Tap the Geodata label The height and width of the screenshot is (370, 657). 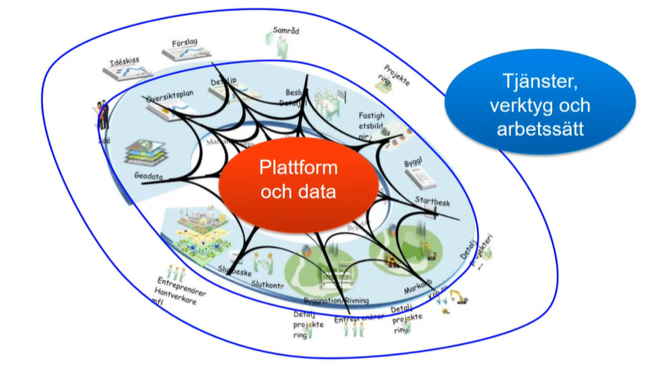coord(149,176)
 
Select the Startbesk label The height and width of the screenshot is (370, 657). coord(433,201)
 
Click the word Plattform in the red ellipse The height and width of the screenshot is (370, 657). coord(298,167)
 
